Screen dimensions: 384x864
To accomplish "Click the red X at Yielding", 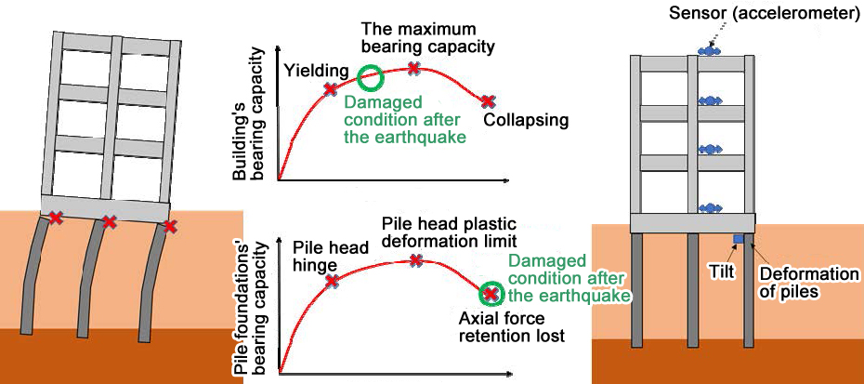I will tap(330, 89).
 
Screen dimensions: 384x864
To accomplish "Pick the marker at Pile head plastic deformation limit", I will tap(417, 260).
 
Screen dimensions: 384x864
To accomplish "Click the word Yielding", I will tap(317, 69).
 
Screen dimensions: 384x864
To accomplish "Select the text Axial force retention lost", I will tap(511, 326).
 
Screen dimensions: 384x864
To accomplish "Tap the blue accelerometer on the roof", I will tap(710, 52).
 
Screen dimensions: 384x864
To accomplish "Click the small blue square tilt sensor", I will tap(739, 241).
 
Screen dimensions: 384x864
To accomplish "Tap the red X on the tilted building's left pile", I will tap(56, 218).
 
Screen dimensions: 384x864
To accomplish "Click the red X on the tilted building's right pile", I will tap(168, 225).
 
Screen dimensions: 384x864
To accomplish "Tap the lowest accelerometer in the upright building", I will tap(710, 207).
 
